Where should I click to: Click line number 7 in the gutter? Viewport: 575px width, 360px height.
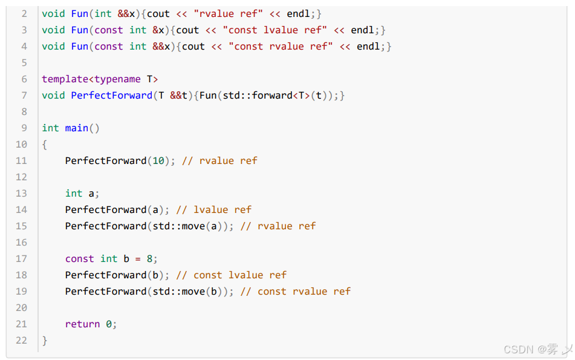(24, 96)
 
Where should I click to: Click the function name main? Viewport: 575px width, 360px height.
(77, 128)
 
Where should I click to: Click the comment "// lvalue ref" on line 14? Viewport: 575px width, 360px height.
(213, 210)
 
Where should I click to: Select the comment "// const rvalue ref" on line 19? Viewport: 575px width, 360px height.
(295, 292)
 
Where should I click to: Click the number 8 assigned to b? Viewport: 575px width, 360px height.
(149, 259)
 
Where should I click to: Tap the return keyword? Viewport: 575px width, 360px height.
(82, 324)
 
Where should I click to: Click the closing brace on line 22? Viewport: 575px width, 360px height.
(45, 341)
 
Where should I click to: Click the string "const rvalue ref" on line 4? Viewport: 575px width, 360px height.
(281, 47)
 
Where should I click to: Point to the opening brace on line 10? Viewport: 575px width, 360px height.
(45, 145)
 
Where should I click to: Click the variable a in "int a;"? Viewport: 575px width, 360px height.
(91, 194)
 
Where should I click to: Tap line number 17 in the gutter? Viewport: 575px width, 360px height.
(21, 259)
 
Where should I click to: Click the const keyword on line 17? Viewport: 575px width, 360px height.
(79, 259)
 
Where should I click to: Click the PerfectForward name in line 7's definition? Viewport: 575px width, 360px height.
(111, 96)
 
